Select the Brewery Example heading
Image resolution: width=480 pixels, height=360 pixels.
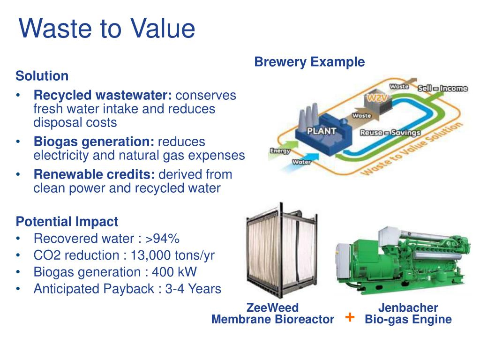tap(309, 62)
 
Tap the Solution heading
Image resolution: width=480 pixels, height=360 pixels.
tap(42, 76)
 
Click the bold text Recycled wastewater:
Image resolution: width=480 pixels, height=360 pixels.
tap(103, 96)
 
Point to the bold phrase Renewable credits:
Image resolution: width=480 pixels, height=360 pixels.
tap(94, 175)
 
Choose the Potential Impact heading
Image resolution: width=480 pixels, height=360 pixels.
tap(67, 222)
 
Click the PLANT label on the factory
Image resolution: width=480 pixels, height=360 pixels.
tap(322, 131)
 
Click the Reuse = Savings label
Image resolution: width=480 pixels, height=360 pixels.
tap(390, 133)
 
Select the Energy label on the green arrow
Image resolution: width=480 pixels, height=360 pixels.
tap(280, 151)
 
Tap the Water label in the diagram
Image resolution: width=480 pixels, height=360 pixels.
tap(302, 162)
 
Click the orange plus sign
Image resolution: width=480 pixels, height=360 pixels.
tap(349, 317)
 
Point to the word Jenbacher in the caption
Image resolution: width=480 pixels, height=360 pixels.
tap(408, 308)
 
